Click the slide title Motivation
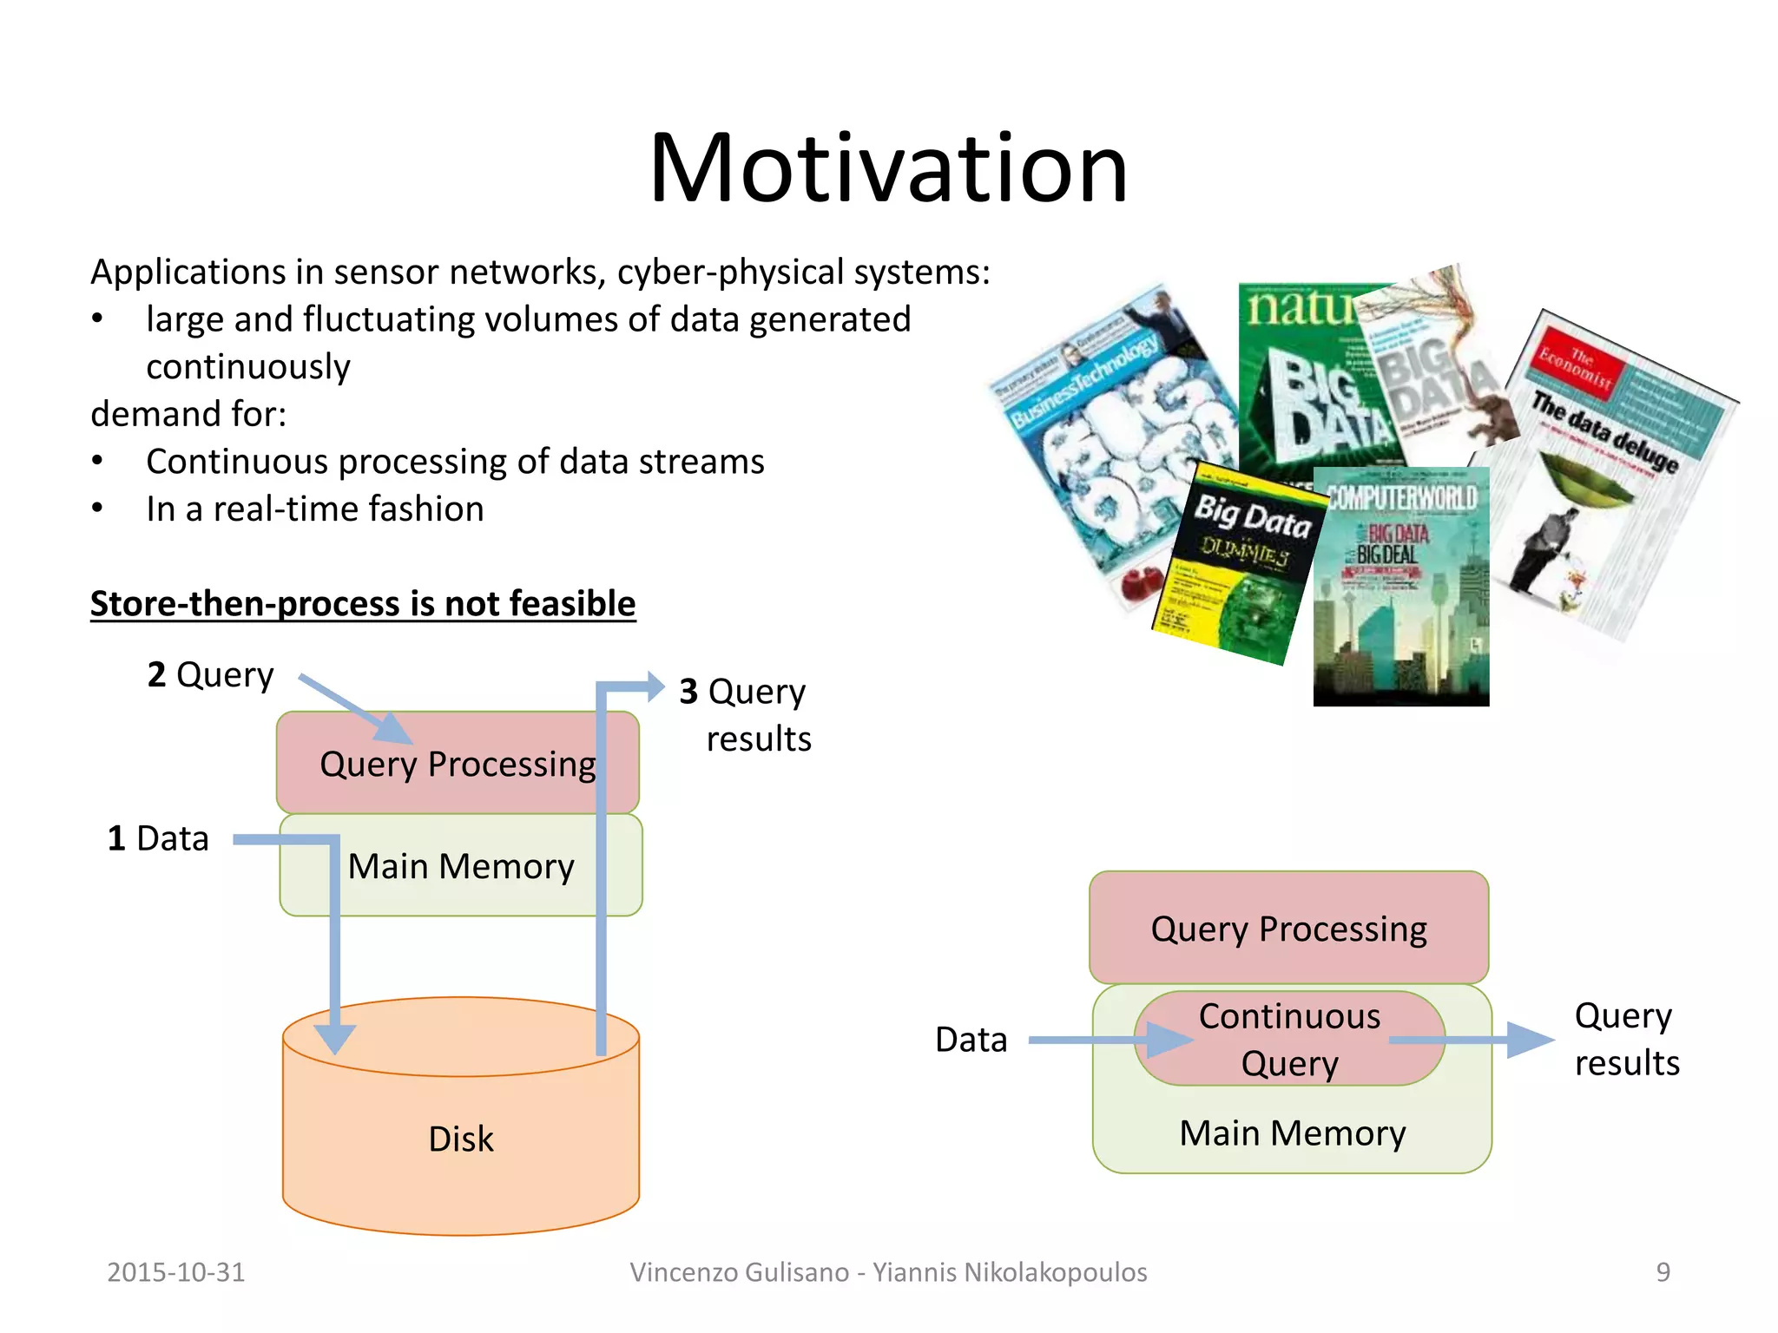click(x=888, y=167)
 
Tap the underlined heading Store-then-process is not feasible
click(x=363, y=603)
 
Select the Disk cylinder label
click(x=460, y=1139)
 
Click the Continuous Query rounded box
click(x=1289, y=1039)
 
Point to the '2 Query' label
click(x=210, y=674)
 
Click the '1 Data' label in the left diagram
click(x=158, y=838)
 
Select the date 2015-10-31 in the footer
click(x=175, y=1272)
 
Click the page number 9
click(x=1663, y=1272)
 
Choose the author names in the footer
click(x=888, y=1272)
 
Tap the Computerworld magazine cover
click(x=1400, y=590)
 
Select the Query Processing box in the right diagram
click(x=1288, y=929)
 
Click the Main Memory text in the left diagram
click(x=461, y=866)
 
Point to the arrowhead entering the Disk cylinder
click(x=334, y=1037)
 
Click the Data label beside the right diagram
click(x=971, y=1040)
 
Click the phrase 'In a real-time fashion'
click(x=314, y=509)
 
